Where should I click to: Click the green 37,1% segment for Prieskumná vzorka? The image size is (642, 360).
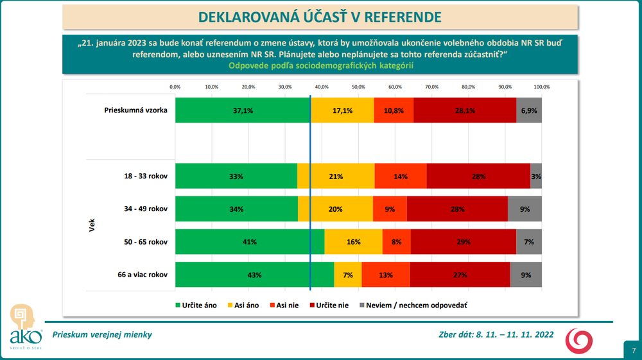243,110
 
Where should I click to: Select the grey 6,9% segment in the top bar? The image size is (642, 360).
529,110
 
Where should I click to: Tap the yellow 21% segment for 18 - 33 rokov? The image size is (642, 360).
336,176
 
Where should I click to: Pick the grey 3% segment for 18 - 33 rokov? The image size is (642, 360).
536,176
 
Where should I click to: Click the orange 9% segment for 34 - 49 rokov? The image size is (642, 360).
390,209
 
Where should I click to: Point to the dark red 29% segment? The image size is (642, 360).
463,242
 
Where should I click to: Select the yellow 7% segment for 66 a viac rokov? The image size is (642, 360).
348,275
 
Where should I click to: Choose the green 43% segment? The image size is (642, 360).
254,275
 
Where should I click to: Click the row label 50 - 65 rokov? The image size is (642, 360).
146,242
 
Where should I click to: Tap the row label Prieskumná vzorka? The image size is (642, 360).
136,110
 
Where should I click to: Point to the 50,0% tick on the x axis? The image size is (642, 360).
358,86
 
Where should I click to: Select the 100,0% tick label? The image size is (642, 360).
541,86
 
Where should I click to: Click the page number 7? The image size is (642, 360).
633,350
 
